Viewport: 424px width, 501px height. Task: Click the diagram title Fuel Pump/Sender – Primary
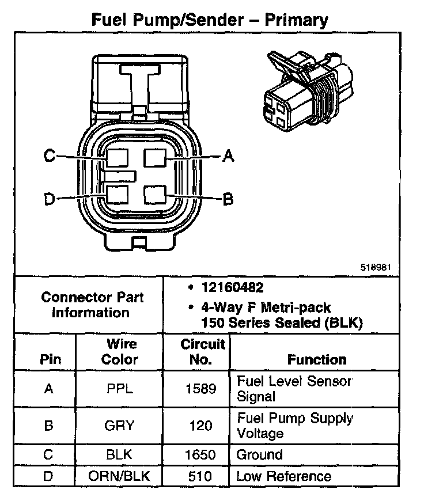click(x=210, y=21)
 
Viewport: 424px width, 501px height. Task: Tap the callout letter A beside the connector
click(x=229, y=155)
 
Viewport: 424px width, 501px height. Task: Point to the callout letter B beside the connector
click(x=228, y=199)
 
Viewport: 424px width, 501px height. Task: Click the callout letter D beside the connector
click(x=50, y=199)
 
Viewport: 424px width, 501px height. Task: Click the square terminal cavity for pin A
click(x=155, y=156)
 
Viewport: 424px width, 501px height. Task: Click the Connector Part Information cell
click(x=92, y=305)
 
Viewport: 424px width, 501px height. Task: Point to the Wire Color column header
click(x=120, y=351)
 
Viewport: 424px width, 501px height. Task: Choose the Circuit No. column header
click(x=202, y=351)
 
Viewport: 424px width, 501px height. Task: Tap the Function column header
click(x=316, y=359)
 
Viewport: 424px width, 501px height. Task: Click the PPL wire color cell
click(x=120, y=389)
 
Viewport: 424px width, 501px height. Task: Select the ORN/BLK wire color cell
click(x=120, y=476)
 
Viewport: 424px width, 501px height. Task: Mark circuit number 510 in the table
click(x=202, y=476)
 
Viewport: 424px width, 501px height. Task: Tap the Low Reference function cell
click(x=284, y=476)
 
